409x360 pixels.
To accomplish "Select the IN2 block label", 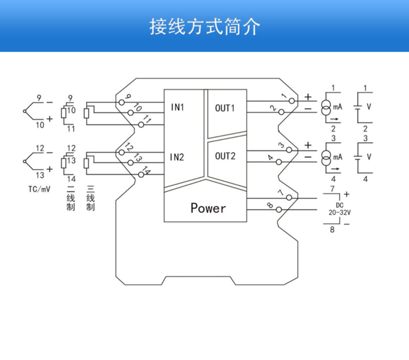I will click(x=178, y=157).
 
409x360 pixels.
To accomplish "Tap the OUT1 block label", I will click(x=225, y=108).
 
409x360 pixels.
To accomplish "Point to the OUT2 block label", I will click(x=225, y=156).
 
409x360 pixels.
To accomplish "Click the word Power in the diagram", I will click(x=208, y=208).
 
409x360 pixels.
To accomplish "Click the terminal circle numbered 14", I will click(x=141, y=175).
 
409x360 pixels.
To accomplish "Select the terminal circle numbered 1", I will click(x=292, y=100).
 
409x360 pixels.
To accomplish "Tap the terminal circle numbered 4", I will click(x=280, y=162).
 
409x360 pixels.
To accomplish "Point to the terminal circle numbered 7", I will click(x=292, y=198).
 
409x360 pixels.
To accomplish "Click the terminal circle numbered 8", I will click(x=280, y=209).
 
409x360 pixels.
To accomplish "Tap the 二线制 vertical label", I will click(x=71, y=198).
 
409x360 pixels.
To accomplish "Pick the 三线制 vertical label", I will click(x=90, y=198).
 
